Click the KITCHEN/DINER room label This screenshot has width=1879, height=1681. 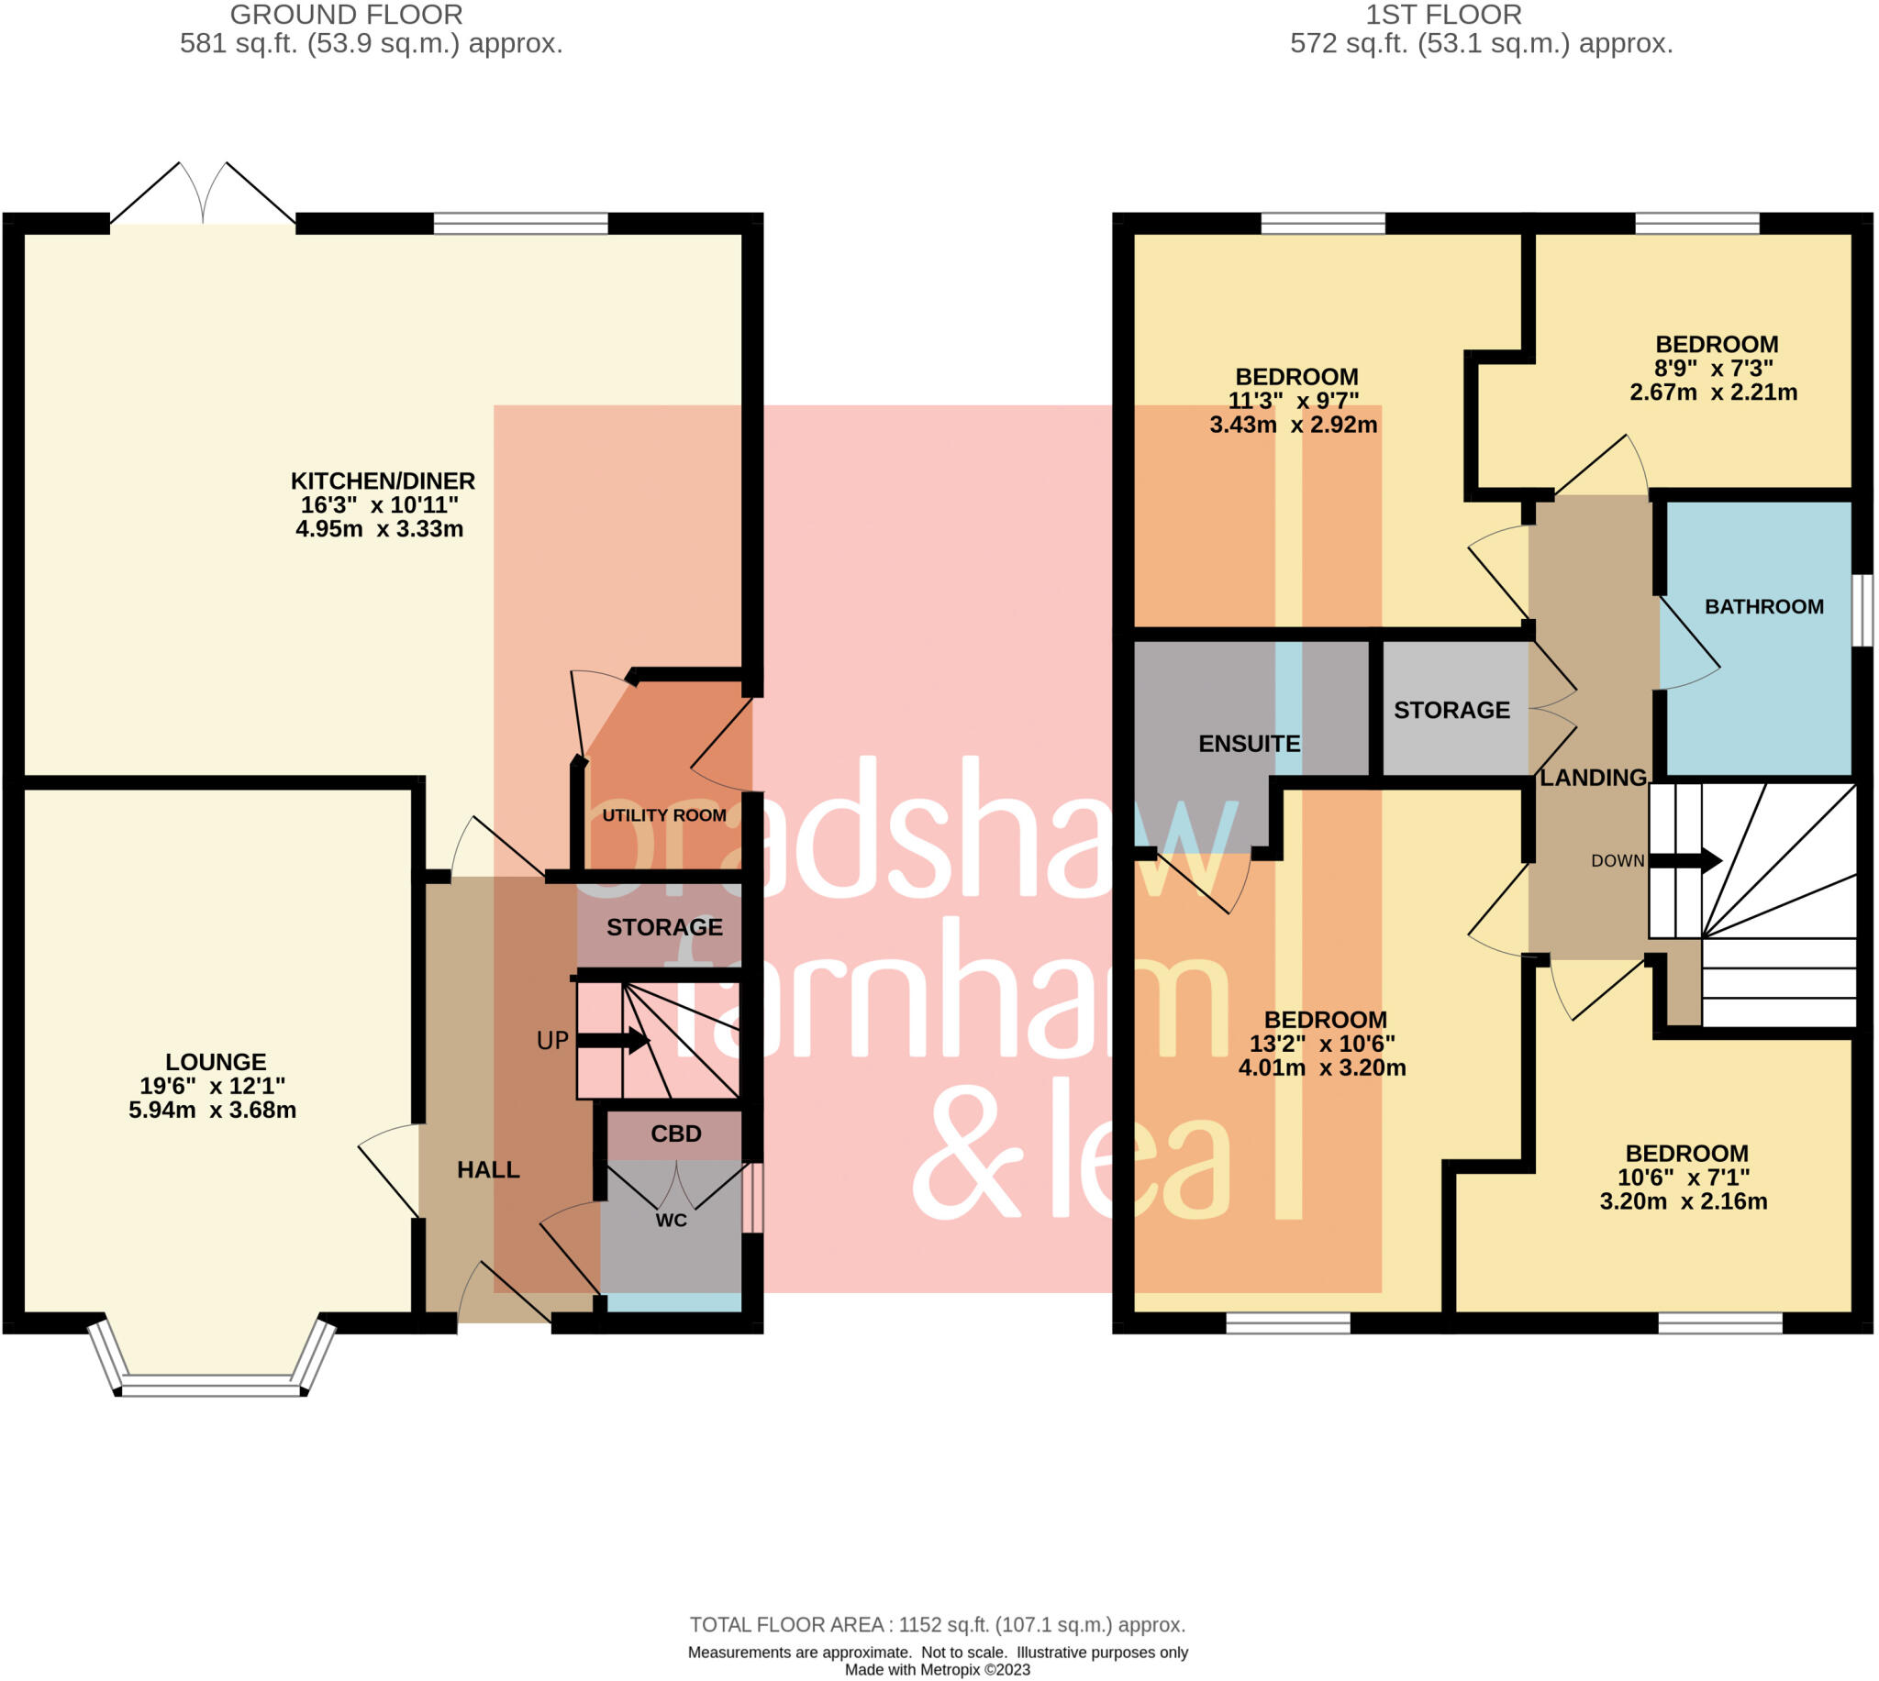coord(383,481)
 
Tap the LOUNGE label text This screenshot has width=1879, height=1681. coord(216,1062)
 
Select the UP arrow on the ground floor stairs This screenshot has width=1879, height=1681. coord(614,1042)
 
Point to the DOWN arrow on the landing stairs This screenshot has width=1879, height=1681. coord(1685,861)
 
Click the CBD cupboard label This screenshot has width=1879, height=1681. coord(675,1134)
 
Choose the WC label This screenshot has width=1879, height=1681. coord(671,1221)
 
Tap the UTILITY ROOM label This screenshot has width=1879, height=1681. coord(663,815)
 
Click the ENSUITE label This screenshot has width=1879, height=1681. coord(1249,745)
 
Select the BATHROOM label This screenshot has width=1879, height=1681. coord(1763,607)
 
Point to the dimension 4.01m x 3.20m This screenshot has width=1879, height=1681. coord(1322,1068)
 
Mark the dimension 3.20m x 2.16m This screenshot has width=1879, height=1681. coord(1684,1201)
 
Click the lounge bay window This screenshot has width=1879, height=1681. coord(213,1383)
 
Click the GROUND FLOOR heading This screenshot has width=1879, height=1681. coord(346,15)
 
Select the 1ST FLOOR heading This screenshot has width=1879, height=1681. coord(1443,15)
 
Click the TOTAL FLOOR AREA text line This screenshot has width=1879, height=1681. coord(937,1625)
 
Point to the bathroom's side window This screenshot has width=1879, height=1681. coord(1864,610)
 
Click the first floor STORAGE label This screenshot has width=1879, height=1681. coord(1451,710)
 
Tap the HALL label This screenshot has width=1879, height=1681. coord(488,1170)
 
